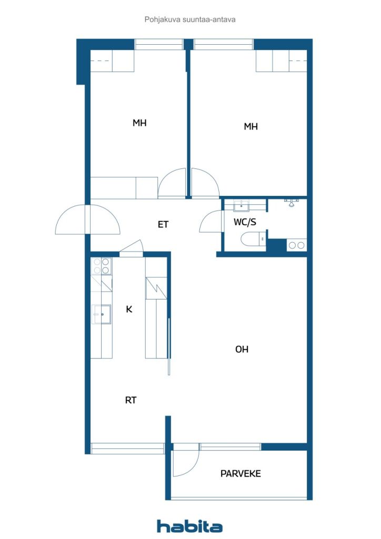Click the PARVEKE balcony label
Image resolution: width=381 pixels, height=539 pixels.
[x=240, y=473]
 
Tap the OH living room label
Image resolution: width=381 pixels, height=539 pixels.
[x=242, y=349]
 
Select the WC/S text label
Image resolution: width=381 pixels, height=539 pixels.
[x=245, y=222]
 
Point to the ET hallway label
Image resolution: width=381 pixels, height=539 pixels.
[x=163, y=224]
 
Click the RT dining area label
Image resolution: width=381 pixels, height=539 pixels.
[x=131, y=400]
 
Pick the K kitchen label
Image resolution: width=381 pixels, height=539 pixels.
[x=129, y=309]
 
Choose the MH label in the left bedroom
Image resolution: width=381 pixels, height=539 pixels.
[x=139, y=123]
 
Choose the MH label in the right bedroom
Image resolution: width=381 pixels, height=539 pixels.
[x=250, y=126]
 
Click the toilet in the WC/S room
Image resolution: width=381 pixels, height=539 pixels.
[x=252, y=240]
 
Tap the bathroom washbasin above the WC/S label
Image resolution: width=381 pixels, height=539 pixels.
[x=242, y=206]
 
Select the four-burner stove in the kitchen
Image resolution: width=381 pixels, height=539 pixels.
[x=102, y=266]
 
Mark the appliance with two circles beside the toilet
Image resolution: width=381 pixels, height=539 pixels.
[x=296, y=245]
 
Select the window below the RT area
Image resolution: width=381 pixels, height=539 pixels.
[x=127, y=448]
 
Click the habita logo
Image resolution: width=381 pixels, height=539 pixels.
[x=190, y=526]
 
